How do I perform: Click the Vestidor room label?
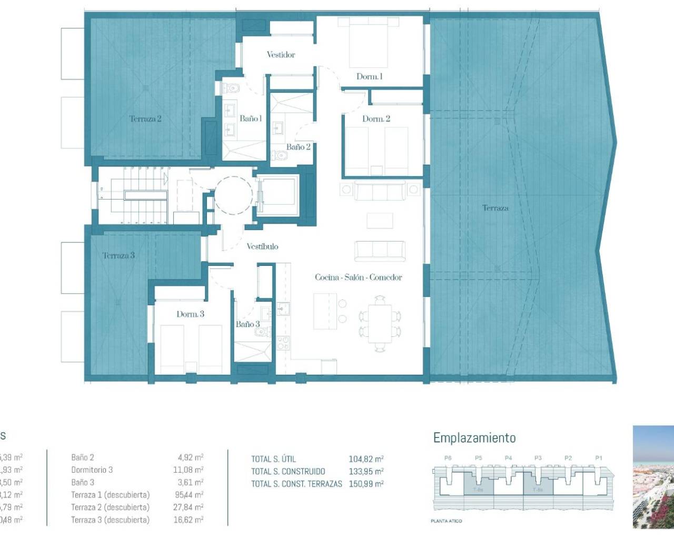click(281, 55)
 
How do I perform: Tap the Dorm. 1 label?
click(369, 77)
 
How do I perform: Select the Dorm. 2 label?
click(376, 119)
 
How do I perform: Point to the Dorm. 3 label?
click(190, 314)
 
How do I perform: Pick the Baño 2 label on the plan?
click(298, 147)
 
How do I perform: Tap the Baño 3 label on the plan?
click(247, 324)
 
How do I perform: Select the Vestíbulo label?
click(262, 246)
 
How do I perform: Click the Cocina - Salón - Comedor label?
click(358, 277)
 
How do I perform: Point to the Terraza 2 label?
click(145, 119)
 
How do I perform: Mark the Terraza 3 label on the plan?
click(118, 256)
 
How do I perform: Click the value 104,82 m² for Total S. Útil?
click(366, 459)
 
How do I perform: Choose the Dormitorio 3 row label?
click(92, 470)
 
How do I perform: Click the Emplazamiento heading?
click(474, 438)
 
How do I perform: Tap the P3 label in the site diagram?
click(538, 458)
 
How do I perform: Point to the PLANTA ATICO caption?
click(446, 521)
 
